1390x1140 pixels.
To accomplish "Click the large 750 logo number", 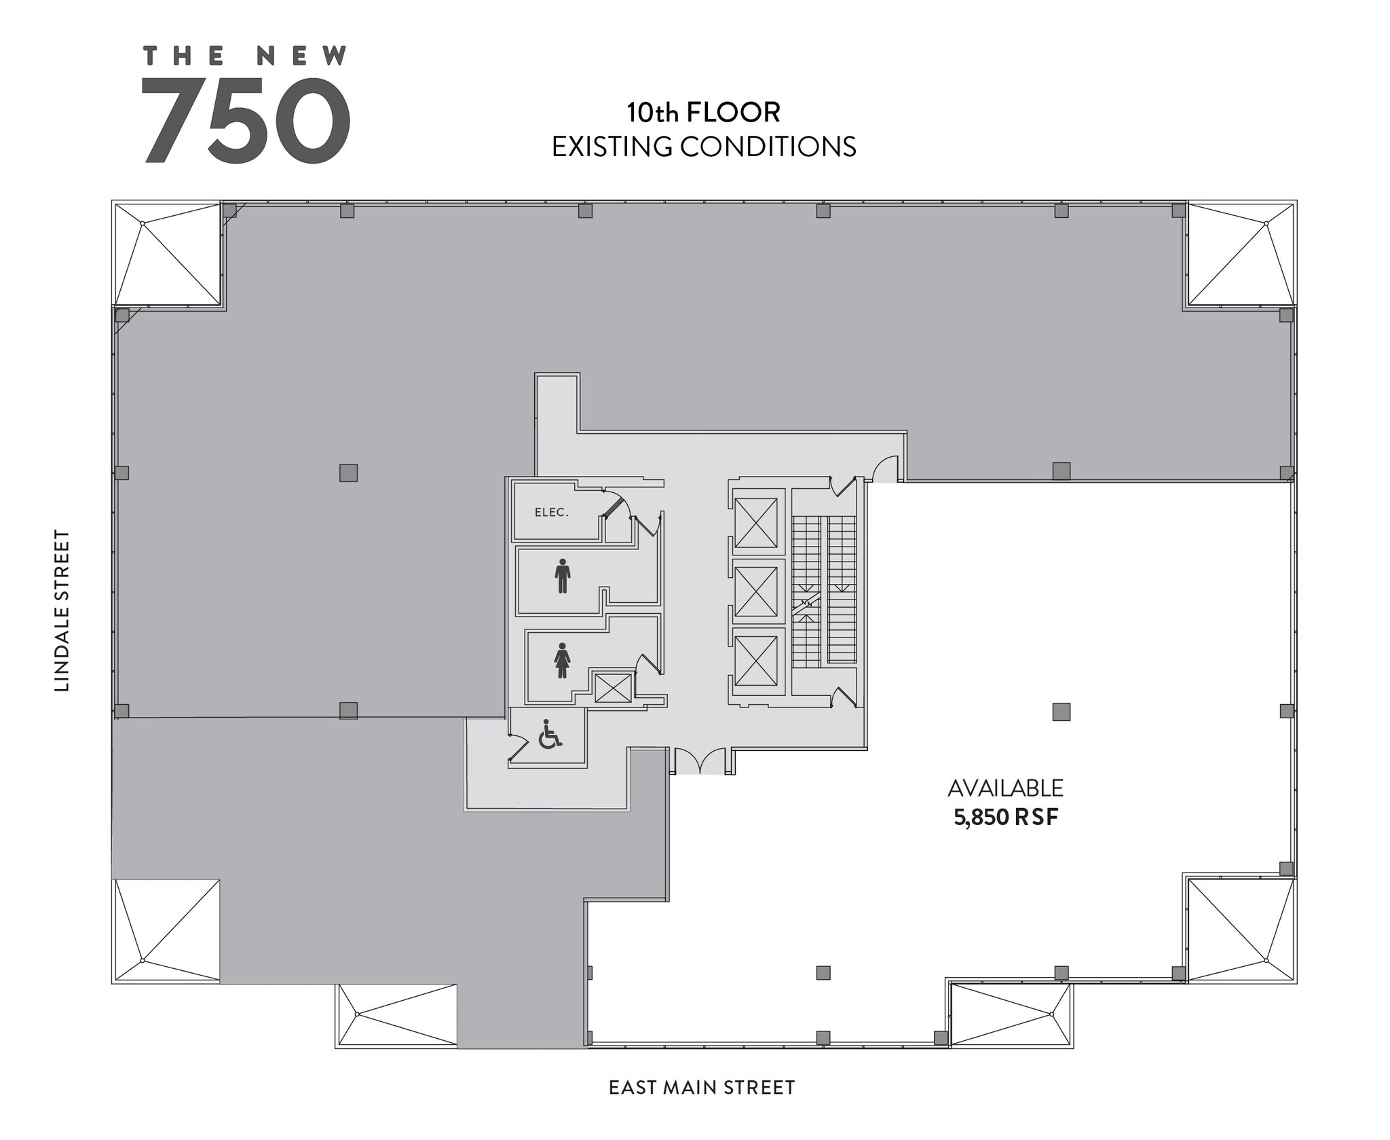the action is (246, 120).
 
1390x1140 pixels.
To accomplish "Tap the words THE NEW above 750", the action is (246, 56).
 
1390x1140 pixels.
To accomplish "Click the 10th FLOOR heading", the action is (703, 113).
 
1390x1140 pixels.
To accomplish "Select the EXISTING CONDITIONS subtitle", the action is (704, 147).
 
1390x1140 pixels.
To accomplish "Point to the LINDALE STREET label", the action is (62, 610).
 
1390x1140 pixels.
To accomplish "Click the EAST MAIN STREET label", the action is (702, 1088).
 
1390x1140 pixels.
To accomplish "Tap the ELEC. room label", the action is (551, 513).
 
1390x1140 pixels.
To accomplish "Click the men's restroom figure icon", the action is (562, 576).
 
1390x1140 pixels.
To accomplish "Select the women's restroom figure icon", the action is (562, 660).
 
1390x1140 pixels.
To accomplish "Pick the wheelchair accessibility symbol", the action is (550, 734).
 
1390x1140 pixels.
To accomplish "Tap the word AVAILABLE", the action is (1005, 788).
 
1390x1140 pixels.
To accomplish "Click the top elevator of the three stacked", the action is (756, 522).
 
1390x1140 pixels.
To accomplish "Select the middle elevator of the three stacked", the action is (756, 591).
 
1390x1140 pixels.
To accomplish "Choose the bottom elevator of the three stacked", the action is (756, 660).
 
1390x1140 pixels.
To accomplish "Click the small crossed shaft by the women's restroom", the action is (613, 688).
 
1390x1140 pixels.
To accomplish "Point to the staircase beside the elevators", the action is (824, 591).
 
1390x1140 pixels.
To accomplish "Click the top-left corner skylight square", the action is (168, 254).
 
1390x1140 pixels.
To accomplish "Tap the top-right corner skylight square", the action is (1241, 254).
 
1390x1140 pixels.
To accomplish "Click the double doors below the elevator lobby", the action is (700, 762).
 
